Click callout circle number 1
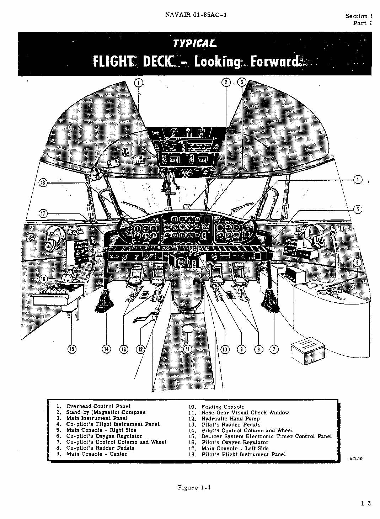click(139, 83)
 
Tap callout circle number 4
click(358, 180)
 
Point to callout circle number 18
click(43, 183)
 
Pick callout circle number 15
click(72, 349)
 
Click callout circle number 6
click(358, 263)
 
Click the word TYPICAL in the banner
click(194, 43)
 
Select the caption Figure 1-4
click(194, 488)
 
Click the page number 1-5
click(366, 503)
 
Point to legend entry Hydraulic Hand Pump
click(230, 418)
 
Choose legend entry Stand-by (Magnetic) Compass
click(106, 412)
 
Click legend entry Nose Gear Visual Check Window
click(245, 413)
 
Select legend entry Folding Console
click(223, 407)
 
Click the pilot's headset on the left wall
click(53, 238)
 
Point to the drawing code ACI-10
click(356, 459)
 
